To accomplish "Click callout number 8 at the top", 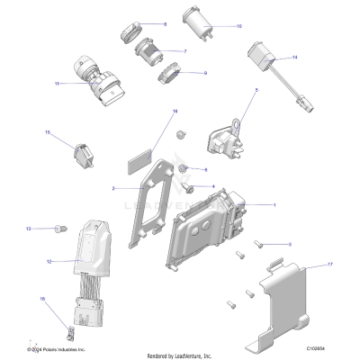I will pos(164,23).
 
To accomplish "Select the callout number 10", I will pos(238,27).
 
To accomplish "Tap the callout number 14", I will pos(293,58).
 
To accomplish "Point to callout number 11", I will pos(57,84).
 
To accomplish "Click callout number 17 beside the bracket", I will pos(330,265).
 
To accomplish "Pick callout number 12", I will pos(49,262).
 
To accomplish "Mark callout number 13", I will pos(28,229).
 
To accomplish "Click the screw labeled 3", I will pos(259,243).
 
